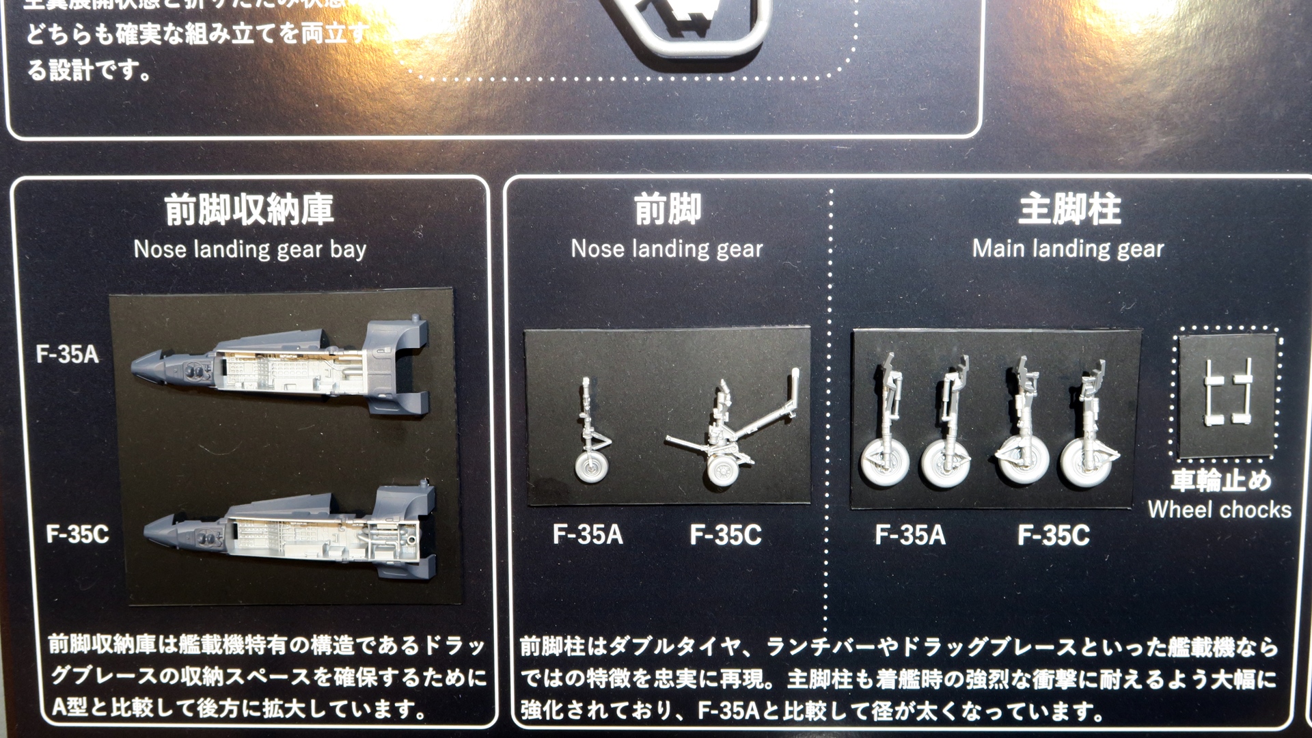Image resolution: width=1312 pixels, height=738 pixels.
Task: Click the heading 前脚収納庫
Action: [x=249, y=210]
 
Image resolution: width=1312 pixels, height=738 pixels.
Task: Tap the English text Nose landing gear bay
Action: [x=250, y=249]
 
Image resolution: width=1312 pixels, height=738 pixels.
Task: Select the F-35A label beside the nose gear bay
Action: [x=68, y=354]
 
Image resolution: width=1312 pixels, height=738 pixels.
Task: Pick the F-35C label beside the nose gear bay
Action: [x=77, y=534]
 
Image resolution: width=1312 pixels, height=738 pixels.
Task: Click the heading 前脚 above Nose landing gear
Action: [x=668, y=210]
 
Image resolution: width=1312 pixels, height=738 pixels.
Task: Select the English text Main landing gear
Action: [x=1068, y=249]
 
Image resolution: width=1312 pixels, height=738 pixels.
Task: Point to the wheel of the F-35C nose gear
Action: [x=722, y=471]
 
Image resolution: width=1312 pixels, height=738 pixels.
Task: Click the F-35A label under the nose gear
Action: [x=588, y=534]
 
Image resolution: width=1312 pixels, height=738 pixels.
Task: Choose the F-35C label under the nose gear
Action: [x=726, y=534]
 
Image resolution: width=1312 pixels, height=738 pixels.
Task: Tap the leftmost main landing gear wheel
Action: [x=883, y=463]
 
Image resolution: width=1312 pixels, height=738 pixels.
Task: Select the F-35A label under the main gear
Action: [x=910, y=534]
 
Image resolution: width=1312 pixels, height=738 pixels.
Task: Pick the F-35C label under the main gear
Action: [x=1053, y=534]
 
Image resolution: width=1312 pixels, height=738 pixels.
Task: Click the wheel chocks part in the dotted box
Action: [x=1228, y=393]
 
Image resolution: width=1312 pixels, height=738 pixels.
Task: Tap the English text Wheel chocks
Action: [x=1220, y=510]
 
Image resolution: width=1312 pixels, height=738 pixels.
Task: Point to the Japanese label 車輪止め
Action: [x=1221, y=480]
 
